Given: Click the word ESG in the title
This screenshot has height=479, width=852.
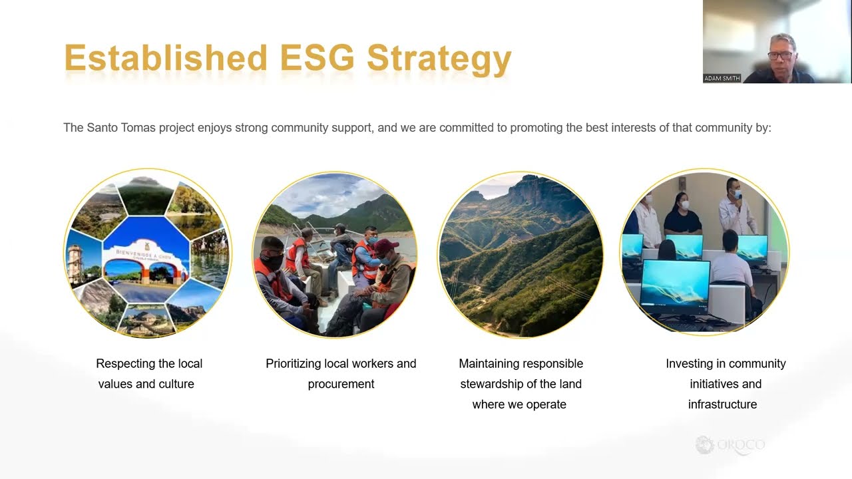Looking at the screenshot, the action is pyautogui.click(x=318, y=58).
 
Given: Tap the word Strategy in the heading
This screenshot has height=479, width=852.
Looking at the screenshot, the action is pyautogui.click(x=439, y=60).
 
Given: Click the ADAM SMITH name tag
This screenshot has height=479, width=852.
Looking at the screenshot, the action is pyautogui.click(x=722, y=79).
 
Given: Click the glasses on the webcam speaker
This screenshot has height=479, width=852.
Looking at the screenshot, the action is pyautogui.click(x=781, y=56).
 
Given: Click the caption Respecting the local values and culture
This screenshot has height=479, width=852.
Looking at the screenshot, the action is pyautogui.click(x=148, y=374).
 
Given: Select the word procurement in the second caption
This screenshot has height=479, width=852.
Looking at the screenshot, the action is pyautogui.click(x=341, y=384).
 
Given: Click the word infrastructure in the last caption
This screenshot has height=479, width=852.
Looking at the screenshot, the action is pyautogui.click(x=722, y=404).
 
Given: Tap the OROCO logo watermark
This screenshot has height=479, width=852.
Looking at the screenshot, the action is pyautogui.click(x=730, y=445).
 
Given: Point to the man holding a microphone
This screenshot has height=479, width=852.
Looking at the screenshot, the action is pyautogui.click(x=736, y=208).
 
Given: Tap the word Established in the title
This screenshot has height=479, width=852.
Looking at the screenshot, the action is pyautogui.click(x=166, y=58).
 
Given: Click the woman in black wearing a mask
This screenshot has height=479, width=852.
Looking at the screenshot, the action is pyautogui.click(x=682, y=215).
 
